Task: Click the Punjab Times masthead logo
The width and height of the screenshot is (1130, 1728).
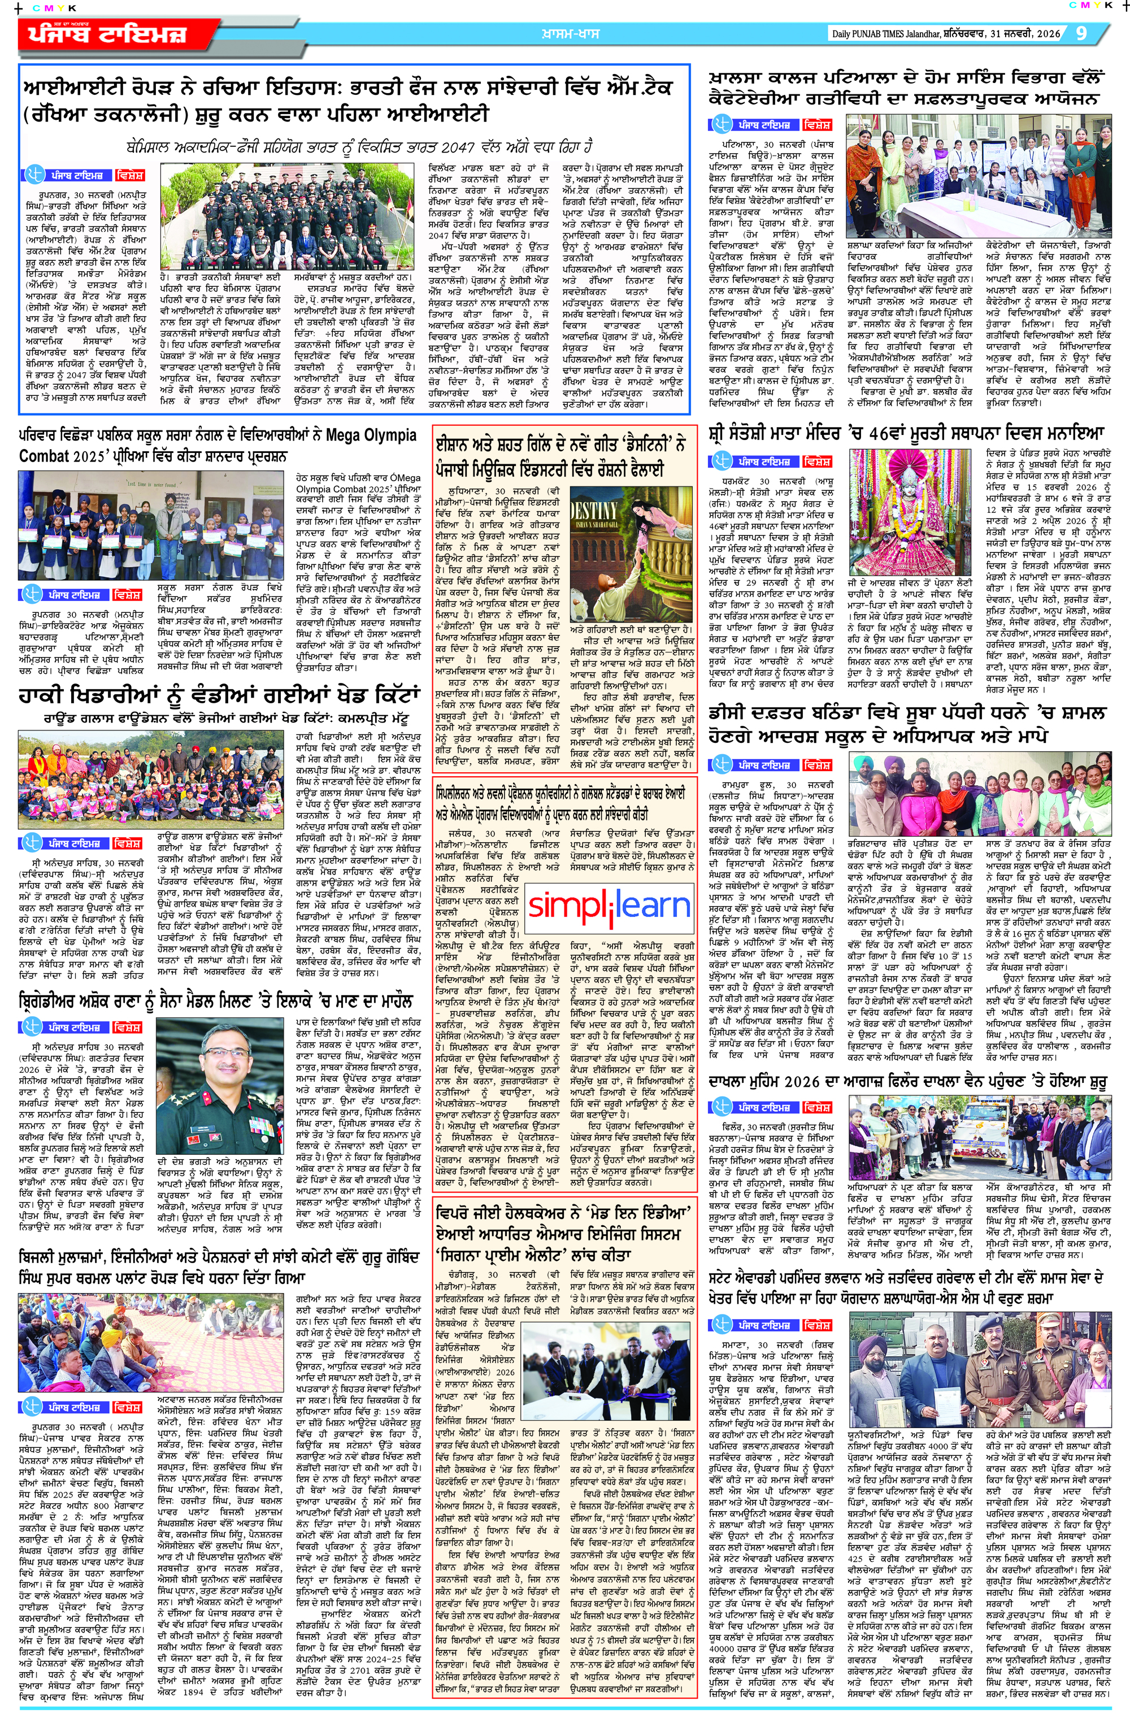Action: (x=108, y=35)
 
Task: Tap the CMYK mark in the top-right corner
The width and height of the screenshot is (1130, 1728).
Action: (x=1089, y=5)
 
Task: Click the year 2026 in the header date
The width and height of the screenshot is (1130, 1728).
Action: (x=1046, y=33)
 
